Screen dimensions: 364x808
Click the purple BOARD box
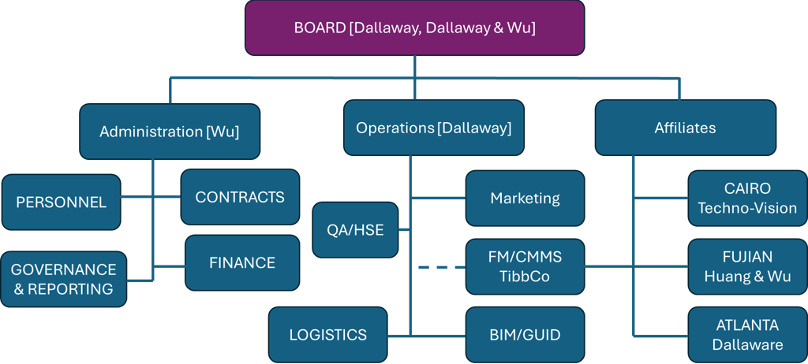414,28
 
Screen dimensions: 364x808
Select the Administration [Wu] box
169,132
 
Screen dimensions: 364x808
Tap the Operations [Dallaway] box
433,128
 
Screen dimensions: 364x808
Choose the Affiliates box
685,128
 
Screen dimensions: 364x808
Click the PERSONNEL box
61,202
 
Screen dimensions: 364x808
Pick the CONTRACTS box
240,197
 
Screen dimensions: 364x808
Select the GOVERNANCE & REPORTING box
63,279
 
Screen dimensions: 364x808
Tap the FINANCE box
242,262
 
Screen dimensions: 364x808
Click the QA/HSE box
354,229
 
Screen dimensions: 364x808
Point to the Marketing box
525,199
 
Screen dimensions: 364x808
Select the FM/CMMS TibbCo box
525,267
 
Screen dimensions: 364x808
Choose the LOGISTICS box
327,335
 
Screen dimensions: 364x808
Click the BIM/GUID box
525,335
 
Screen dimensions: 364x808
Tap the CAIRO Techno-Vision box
747,199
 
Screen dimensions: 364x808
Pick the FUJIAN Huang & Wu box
747,267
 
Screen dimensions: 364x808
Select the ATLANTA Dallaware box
747,335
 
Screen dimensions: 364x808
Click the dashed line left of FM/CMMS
440,268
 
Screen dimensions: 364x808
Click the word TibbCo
525,277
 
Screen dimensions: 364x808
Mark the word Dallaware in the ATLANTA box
747,345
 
